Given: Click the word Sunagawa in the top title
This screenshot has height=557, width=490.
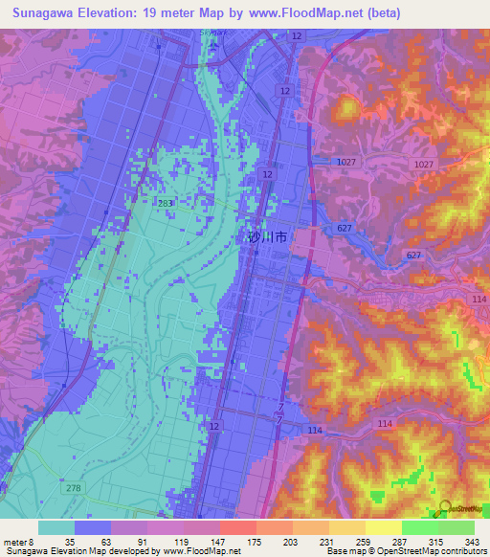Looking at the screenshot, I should tap(45, 13).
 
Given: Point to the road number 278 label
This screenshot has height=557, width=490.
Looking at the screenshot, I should tap(73, 489).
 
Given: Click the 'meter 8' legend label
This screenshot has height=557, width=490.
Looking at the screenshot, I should tap(19, 542).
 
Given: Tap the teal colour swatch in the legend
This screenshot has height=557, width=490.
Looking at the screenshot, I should tap(56, 527).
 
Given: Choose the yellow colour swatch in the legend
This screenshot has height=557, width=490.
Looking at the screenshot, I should tap(383, 527).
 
